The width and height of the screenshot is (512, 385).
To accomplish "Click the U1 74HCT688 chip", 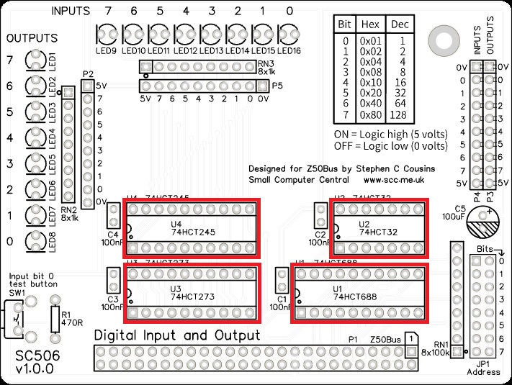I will pyautogui.click(x=359, y=294).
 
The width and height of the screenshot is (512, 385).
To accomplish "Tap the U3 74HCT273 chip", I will pyautogui.click(x=192, y=294).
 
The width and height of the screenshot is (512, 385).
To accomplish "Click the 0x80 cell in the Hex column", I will pyautogui.click(x=372, y=115).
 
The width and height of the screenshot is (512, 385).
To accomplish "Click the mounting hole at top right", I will pyautogui.click(x=440, y=38).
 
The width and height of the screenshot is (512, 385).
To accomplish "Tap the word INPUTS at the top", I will pyautogui.click(x=71, y=12).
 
